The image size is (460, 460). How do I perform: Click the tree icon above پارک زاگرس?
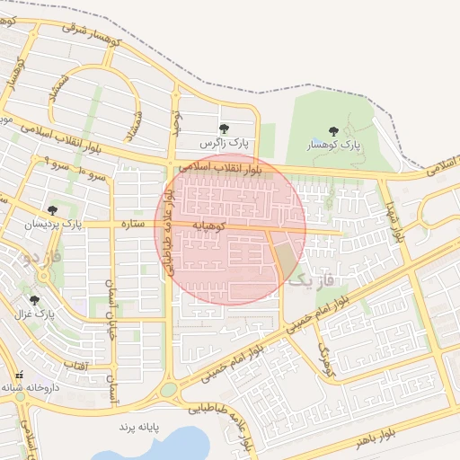click(x=223, y=128)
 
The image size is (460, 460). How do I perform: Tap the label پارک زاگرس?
click(x=225, y=144)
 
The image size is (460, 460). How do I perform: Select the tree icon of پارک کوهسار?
click(x=334, y=131)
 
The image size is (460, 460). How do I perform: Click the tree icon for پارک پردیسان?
click(x=53, y=209)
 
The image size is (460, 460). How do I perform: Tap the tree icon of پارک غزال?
click(x=35, y=301)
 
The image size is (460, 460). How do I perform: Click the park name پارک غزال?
click(x=35, y=315)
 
